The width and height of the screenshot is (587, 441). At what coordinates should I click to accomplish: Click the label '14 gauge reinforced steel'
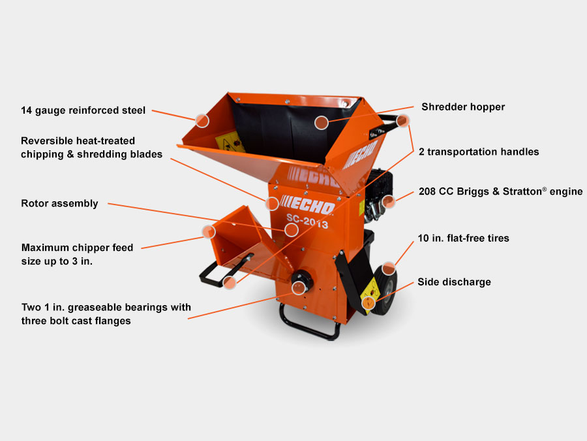pyautogui.click(x=83, y=110)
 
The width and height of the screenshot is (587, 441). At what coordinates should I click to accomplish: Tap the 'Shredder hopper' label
pyautogui.click(x=462, y=106)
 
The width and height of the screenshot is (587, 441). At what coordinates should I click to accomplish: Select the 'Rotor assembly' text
pyautogui.click(x=59, y=203)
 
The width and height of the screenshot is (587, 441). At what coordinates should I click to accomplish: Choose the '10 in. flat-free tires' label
pyautogui.click(x=464, y=238)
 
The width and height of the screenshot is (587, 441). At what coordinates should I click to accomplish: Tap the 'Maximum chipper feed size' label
pyautogui.click(x=77, y=253)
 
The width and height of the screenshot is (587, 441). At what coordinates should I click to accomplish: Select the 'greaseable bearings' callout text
pyautogui.click(x=106, y=314)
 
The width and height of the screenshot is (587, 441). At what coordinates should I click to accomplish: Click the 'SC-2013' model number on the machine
pyautogui.click(x=307, y=222)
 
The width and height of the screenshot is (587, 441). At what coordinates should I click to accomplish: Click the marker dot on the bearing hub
pyautogui.click(x=299, y=287)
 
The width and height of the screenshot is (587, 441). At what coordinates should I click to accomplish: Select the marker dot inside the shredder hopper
pyautogui.click(x=321, y=122)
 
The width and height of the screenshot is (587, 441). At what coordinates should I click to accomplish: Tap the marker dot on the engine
pyautogui.click(x=388, y=201)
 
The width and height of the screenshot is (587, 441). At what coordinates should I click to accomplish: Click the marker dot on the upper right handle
pyautogui.click(x=402, y=120)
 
